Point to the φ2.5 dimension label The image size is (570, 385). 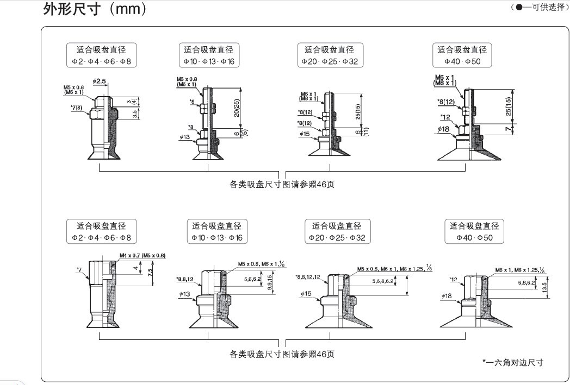(100, 81)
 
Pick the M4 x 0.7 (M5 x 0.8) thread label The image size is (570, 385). (142, 255)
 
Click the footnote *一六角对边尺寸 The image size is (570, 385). (513, 362)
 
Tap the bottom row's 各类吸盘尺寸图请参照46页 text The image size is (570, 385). (282, 354)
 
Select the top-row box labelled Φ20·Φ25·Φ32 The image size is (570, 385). (330, 55)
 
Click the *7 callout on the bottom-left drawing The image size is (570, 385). (79, 268)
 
